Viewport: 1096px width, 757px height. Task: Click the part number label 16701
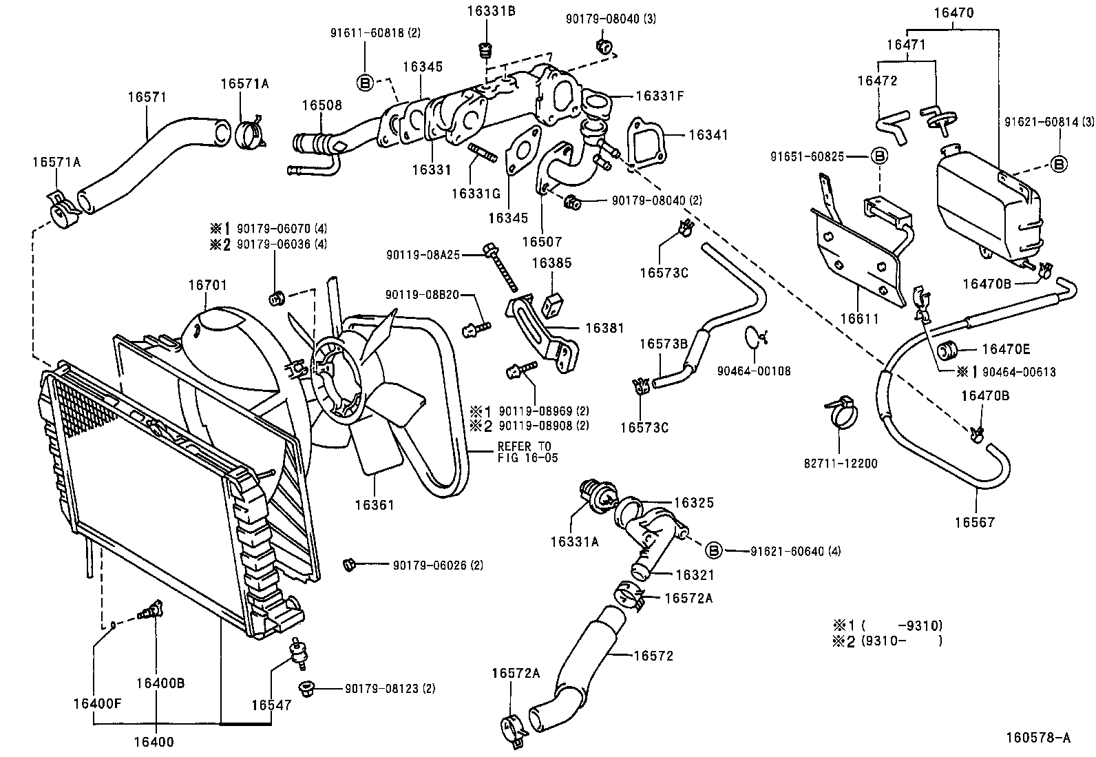tap(207, 284)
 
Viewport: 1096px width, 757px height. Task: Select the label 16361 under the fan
tap(375, 505)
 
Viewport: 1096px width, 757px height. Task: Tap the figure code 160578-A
tap(1037, 738)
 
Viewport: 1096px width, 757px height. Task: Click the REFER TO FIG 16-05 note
tap(528, 452)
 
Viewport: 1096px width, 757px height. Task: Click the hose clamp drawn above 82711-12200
tap(840, 411)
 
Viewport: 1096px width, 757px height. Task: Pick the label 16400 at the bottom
tap(155, 742)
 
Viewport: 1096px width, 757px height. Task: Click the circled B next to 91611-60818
tap(366, 83)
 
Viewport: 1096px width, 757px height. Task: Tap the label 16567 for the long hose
tap(974, 522)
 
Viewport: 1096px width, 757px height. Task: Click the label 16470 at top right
tap(954, 12)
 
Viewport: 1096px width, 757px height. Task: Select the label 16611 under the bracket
tap(858, 319)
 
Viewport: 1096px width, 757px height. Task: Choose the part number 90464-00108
tap(753, 371)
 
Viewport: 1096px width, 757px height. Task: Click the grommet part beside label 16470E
tap(949, 349)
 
